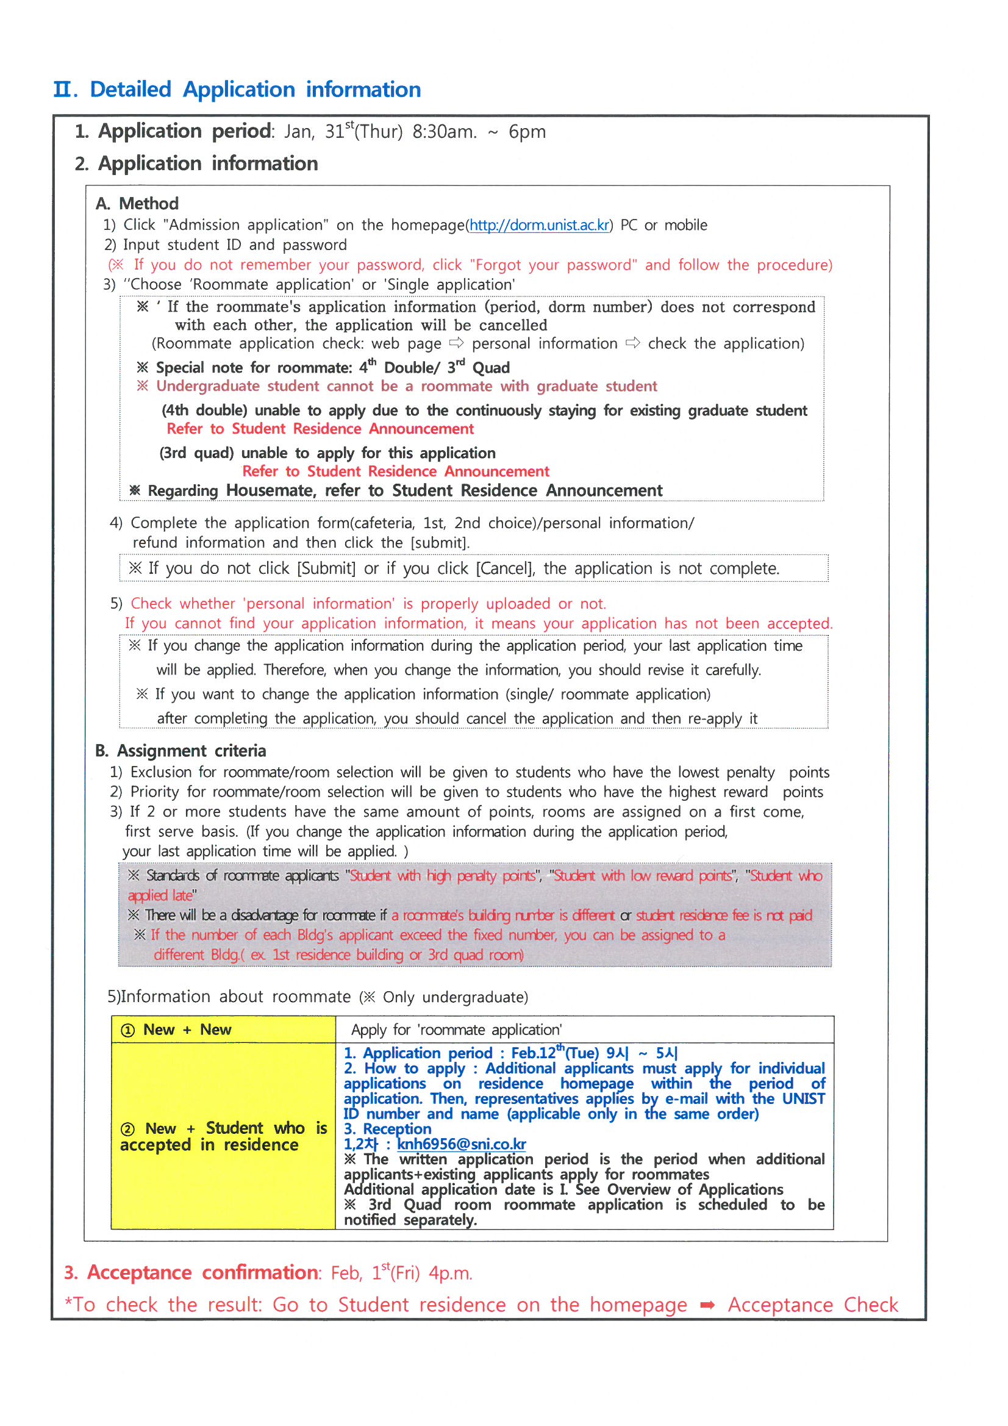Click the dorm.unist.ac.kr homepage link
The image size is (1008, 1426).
539,225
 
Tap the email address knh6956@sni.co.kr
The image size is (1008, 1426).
462,1144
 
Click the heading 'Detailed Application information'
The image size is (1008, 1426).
256,90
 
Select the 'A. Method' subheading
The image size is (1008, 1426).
137,204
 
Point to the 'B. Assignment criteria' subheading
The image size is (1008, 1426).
181,751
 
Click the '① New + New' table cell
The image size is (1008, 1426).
223,1030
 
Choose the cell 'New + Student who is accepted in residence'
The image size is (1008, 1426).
223,1136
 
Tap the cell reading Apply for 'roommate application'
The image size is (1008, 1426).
457,1030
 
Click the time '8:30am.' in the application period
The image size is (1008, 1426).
445,132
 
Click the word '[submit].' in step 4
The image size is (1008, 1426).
440,543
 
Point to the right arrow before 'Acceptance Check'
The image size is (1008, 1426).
707,1305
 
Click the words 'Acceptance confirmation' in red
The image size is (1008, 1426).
203,1272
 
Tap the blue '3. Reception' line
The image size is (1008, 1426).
388,1129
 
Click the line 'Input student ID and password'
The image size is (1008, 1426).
235,245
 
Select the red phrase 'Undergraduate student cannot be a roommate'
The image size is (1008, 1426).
325,386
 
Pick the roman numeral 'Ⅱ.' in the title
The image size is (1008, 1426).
65,90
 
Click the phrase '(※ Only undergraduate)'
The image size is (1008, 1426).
443,997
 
